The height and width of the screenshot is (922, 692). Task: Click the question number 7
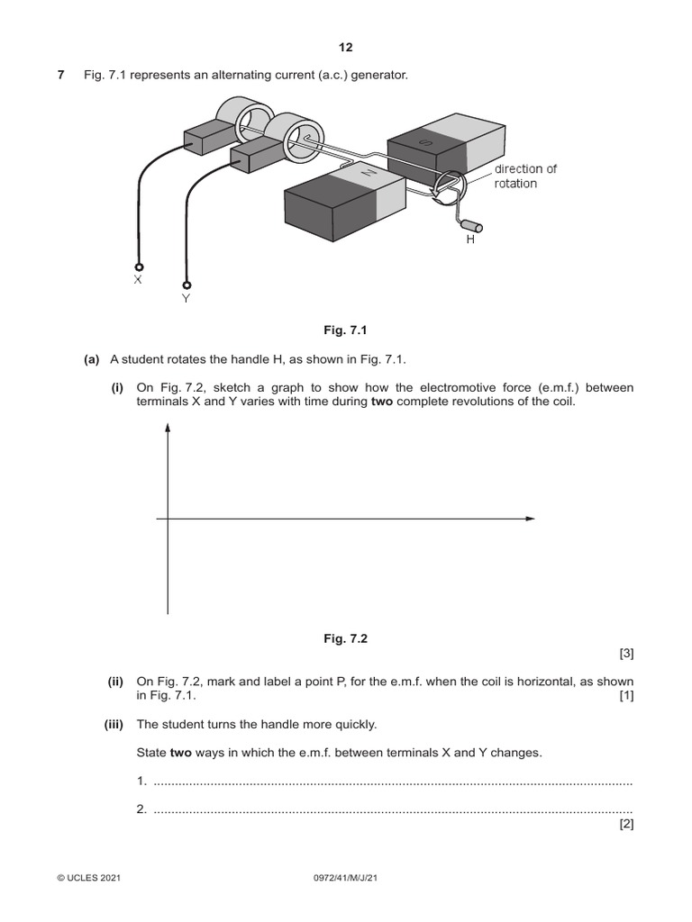tap(60, 75)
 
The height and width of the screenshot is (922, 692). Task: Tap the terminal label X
tap(138, 280)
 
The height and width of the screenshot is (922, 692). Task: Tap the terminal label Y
tap(186, 297)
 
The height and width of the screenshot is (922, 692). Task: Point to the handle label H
tap(470, 240)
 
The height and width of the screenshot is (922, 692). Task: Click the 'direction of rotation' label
tap(525, 176)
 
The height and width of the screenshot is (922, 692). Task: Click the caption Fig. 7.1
tap(346, 330)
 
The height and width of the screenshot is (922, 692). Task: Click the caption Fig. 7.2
tap(346, 638)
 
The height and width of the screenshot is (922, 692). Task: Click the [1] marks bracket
tap(626, 696)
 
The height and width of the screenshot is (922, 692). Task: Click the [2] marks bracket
tap(626, 824)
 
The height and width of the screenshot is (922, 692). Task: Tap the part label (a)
tap(91, 360)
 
